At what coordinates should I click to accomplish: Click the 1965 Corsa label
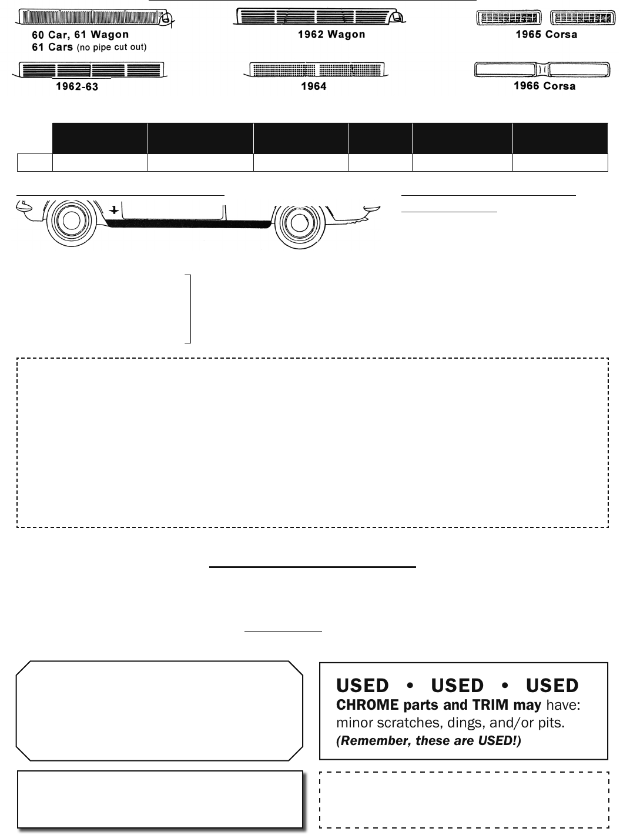click(x=547, y=34)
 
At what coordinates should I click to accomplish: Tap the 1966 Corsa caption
click(x=544, y=86)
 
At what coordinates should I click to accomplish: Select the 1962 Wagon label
click(x=331, y=34)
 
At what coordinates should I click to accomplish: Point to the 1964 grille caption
click(x=313, y=86)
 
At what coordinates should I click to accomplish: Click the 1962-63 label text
click(x=77, y=86)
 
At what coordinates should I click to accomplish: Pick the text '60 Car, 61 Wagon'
click(x=80, y=35)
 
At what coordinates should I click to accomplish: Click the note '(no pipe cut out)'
click(x=111, y=48)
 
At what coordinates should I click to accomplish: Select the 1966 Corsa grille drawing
click(x=542, y=69)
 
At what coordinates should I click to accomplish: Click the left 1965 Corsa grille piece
click(x=509, y=18)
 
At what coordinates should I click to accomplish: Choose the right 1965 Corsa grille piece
click(x=582, y=18)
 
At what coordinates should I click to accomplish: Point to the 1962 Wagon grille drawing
click(x=319, y=16)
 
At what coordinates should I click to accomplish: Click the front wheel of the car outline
click(x=71, y=221)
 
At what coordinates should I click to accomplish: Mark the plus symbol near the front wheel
click(x=113, y=210)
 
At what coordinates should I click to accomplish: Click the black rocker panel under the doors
click(x=188, y=223)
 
